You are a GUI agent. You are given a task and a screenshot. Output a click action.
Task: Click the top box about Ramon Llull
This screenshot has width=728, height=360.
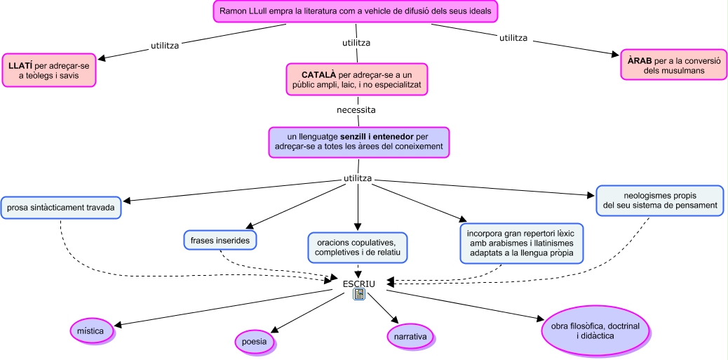356,12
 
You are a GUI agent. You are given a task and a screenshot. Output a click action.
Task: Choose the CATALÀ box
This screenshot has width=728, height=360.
357,79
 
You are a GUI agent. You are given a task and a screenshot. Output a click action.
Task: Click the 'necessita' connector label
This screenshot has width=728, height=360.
356,110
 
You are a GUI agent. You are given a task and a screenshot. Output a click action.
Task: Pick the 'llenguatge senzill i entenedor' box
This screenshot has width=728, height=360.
358,141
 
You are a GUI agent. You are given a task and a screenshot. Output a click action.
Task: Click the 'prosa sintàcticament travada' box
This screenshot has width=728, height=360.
61,208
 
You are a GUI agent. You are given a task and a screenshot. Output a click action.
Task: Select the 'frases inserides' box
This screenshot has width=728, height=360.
220,239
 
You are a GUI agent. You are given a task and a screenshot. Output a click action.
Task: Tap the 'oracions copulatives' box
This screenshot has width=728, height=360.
358,246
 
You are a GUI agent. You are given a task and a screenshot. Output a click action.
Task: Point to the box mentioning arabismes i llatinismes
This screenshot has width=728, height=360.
522,242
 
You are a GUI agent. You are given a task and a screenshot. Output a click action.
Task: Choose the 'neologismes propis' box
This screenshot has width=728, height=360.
659,200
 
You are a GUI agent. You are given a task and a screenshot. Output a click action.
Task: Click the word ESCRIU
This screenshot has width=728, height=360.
359,284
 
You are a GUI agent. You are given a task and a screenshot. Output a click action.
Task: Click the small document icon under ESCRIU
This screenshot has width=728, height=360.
359,295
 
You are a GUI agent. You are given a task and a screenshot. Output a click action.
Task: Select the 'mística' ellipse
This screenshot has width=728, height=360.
91,330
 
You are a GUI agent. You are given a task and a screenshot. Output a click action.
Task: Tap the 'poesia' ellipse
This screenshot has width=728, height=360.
253,341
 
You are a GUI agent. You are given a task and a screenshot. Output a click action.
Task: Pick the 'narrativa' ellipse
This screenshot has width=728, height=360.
410,336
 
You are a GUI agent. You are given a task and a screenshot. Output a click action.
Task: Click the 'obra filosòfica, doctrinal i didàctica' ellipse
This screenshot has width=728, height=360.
595,331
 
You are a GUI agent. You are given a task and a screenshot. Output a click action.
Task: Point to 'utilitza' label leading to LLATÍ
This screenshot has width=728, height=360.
165,46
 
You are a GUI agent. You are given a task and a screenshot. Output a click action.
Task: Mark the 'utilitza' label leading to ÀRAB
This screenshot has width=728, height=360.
513,37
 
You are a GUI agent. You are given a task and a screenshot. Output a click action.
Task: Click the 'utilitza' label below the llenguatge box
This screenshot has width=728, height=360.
358,178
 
